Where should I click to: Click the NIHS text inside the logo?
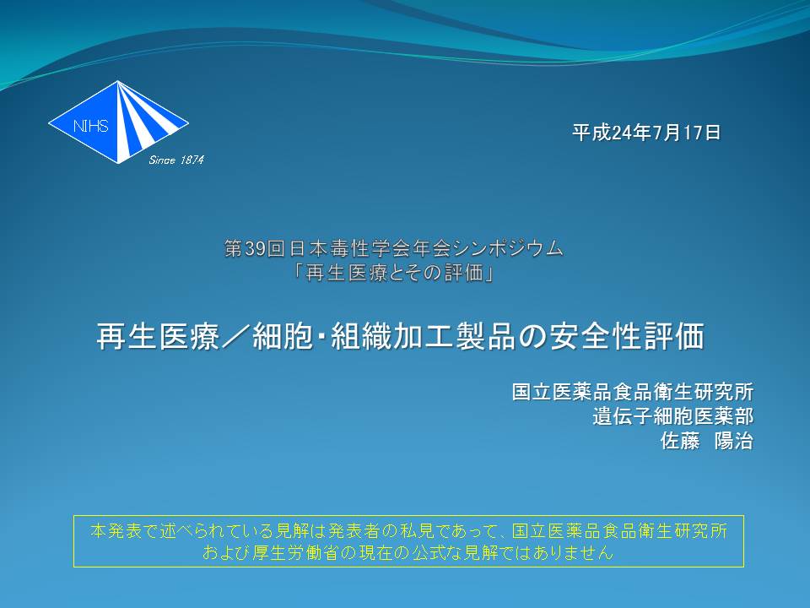pos(91,126)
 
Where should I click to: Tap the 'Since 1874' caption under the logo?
pos(176,160)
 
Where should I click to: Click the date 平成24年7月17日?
pos(646,133)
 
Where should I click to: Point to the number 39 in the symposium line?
pos(255,248)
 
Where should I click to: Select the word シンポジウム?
pos(508,248)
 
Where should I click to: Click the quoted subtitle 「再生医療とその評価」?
pos(393,273)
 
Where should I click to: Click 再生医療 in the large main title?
pos(158,336)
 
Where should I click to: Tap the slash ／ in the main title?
pos(236,336)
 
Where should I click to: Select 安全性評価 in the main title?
pos(627,336)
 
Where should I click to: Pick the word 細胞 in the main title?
pos(283,336)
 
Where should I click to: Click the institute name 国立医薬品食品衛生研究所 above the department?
pos(633,392)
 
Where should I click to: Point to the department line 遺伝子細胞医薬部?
pos(673,416)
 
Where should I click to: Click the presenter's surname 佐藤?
pos(680,441)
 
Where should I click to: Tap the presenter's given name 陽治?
pos(733,441)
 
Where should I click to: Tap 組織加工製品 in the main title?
pos(424,336)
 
